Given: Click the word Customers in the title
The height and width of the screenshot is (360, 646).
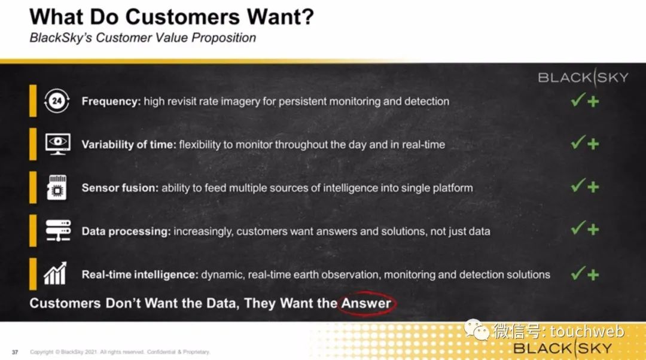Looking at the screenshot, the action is click(x=182, y=17).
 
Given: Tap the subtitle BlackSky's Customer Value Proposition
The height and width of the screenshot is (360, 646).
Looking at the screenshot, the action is click(x=142, y=38).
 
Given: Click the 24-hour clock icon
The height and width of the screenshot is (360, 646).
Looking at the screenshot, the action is click(x=57, y=100).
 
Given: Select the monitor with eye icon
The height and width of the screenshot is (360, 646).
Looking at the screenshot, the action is click(x=57, y=144).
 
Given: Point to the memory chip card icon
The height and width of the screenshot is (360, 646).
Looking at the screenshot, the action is click(x=57, y=187).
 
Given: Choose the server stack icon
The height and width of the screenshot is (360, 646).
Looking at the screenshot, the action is click(x=58, y=230).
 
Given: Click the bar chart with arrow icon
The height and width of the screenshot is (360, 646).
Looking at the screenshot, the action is click(x=56, y=273).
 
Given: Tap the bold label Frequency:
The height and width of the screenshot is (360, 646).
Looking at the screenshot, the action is click(x=111, y=101).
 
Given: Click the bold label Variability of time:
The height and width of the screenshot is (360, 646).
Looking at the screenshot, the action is click(x=129, y=145).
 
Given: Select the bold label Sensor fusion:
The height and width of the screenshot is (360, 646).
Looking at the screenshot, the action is click(x=120, y=188).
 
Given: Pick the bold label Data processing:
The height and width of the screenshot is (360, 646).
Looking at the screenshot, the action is click(x=126, y=231).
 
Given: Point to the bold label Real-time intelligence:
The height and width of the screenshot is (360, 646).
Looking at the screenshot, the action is click(x=140, y=274).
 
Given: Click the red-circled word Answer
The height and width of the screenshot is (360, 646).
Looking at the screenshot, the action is click(x=366, y=303).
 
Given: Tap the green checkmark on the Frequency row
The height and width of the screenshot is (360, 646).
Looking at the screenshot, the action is click(x=578, y=100).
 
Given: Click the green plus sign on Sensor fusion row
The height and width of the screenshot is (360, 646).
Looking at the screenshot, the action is click(x=593, y=187).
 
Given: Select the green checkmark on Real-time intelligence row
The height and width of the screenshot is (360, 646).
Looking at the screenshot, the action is click(x=578, y=273).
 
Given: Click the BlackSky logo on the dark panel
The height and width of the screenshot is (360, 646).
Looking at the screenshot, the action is click(x=583, y=77).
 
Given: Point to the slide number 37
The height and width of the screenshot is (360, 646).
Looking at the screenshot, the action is click(x=15, y=352).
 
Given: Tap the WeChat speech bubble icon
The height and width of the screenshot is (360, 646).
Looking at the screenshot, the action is click(x=477, y=330).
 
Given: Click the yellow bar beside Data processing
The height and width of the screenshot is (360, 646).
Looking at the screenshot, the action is click(x=33, y=230).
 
